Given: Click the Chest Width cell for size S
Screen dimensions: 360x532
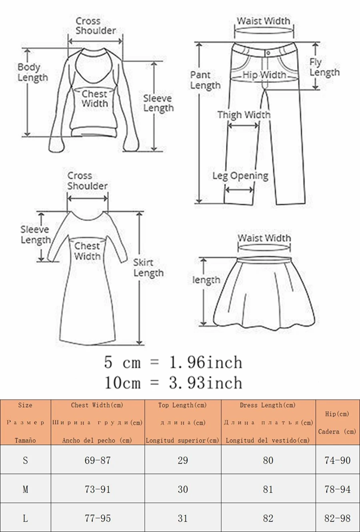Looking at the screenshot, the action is [98, 460].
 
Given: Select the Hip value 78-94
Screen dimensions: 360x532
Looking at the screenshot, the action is [337, 489].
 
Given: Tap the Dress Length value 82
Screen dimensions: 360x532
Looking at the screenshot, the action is [268, 518].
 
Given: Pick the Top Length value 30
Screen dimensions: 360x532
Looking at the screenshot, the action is [183, 489].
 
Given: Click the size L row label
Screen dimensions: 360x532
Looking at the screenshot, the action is [25, 518].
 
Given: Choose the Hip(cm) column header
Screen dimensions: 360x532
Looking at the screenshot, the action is [337, 423].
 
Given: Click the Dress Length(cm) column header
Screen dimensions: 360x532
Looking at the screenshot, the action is [268, 423].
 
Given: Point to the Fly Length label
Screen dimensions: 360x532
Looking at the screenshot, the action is [324, 67].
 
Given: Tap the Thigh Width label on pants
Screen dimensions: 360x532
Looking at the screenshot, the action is [244, 115].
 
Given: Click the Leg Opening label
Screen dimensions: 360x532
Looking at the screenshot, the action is [240, 176].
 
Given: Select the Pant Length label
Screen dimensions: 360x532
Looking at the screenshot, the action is [205, 80].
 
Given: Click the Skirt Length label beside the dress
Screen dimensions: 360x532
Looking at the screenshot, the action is [148, 268].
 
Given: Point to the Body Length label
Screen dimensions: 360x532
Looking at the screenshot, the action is [32, 72].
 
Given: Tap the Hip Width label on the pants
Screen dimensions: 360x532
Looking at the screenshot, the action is [264, 75].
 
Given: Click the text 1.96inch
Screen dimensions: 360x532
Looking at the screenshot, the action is [206, 363].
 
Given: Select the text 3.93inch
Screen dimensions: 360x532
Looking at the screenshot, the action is [206, 383].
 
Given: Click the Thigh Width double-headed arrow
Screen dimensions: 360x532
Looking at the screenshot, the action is [243, 126].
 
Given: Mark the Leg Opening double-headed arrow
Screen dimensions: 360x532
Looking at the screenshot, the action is [239, 189].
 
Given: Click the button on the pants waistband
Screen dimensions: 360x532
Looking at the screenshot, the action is [268, 53].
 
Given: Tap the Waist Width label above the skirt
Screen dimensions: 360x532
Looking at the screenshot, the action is [264, 238].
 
